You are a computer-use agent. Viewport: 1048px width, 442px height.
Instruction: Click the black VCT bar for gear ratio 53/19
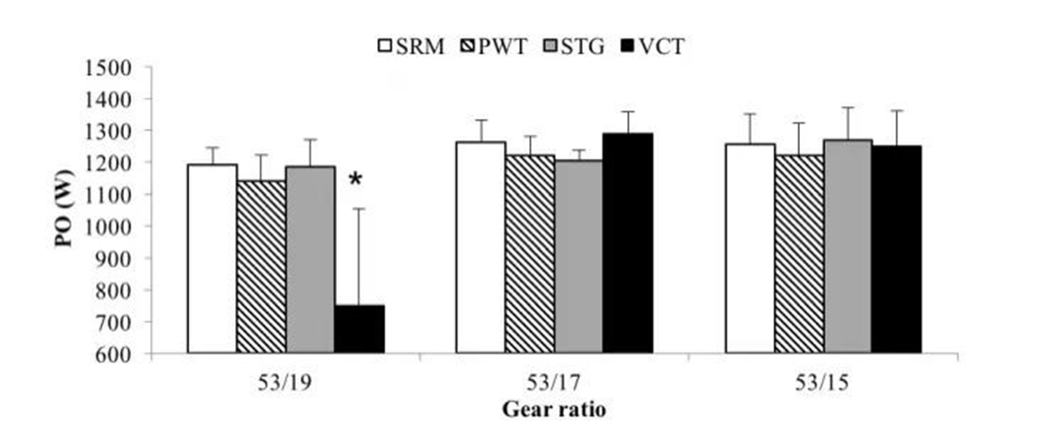pyautogui.click(x=360, y=329)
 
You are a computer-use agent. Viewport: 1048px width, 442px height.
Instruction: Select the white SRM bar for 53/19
pyautogui.click(x=212, y=259)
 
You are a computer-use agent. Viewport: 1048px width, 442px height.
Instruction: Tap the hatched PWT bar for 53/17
pyautogui.click(x=531, y=254)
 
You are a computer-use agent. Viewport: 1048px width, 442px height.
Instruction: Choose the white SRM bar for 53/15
pyautogui.click(x=748, y=248)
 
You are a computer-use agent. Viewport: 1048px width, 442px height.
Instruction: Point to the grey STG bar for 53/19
pyautogui.click(x=310, y=259)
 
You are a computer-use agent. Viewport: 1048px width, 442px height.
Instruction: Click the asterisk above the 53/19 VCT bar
pyautogui.click(x=355, y=181)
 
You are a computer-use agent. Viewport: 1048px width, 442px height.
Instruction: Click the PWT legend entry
pyautogui.click(x=495, y=45)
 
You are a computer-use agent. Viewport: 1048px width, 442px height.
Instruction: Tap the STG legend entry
pyautogui.click(x=575, y=45)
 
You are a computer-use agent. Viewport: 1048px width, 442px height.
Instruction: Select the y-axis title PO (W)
pyautogui.click(x=65, y=211)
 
